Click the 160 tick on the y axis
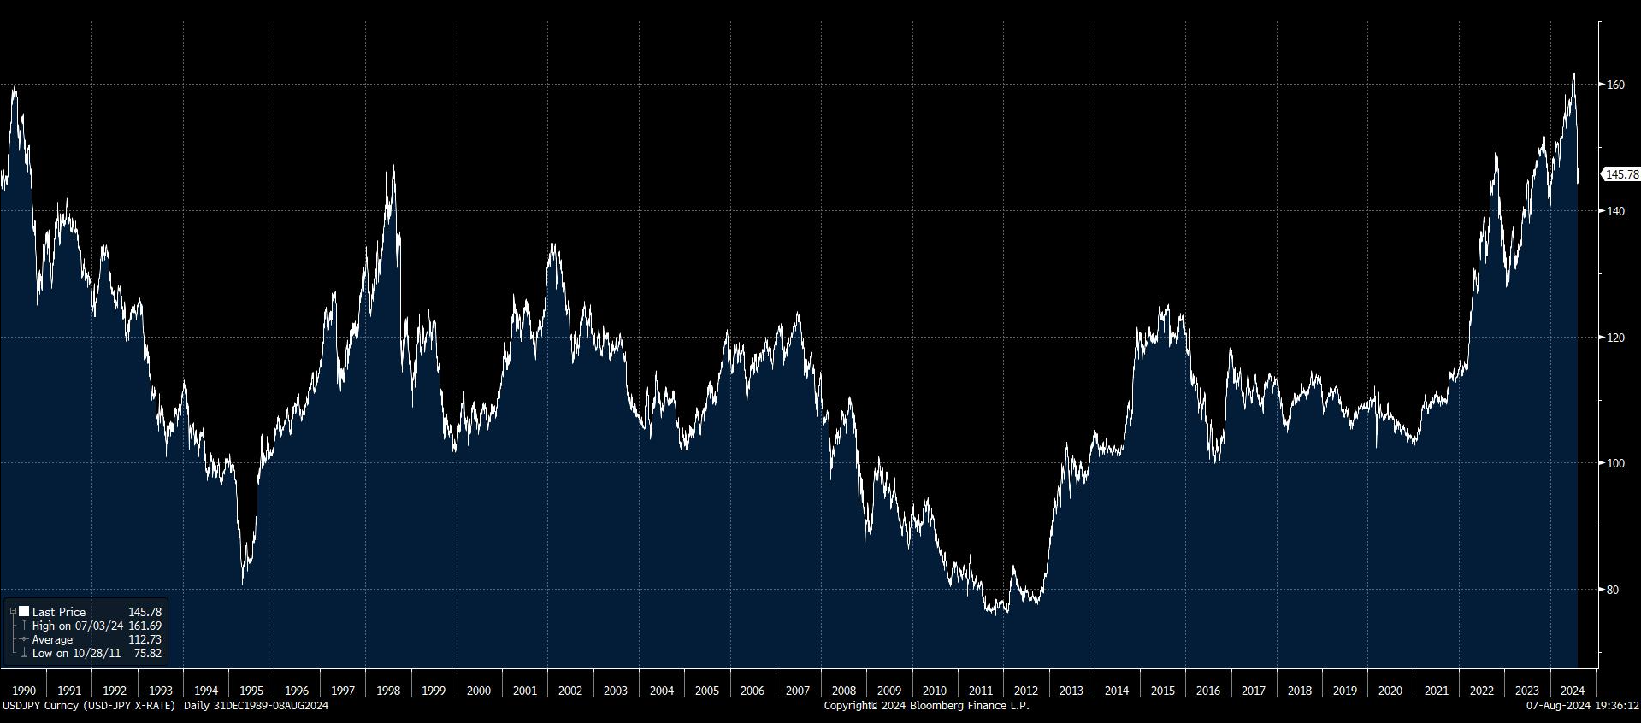[x=1615, y=85]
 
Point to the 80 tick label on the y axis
[x=1613, y=590]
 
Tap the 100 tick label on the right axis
[x=1615, y=463]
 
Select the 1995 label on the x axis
[x=251, y=691]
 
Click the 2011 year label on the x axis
[x=980, y=691]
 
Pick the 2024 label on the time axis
[x=1573, y=691]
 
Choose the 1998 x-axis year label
[x=388, y=691]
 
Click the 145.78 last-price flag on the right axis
[x=1621, y=174]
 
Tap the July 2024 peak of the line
[x=1574, y=74]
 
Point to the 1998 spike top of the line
[x=393, y=167]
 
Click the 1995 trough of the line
[x=243, y=585]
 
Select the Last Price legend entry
[x=59, y=612]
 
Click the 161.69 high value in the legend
[x=145, y=626]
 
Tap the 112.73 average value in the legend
[x=145, y=639]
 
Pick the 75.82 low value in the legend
[x=147, y=653]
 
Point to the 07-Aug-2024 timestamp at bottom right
[x=1582, y=706]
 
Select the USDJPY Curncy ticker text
[x=39, y=706]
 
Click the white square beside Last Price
[x=24, y=611]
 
